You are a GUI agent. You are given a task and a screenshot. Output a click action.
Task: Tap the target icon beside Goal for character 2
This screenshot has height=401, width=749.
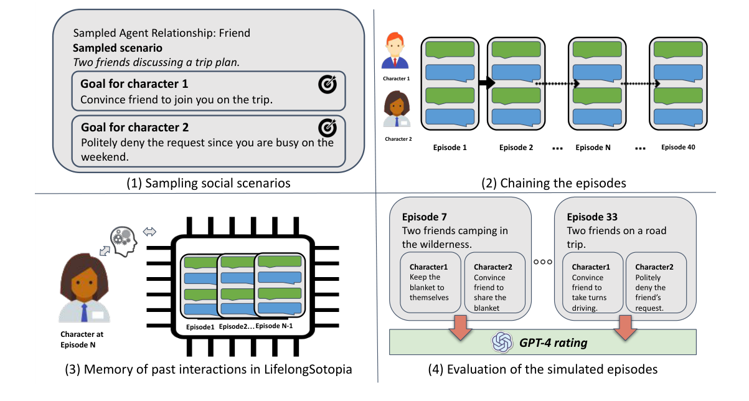coord(327,127)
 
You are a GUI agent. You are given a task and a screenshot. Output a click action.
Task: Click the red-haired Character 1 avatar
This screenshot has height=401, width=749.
coord(396,52)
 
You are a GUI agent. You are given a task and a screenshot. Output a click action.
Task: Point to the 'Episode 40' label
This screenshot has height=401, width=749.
coord(677,148)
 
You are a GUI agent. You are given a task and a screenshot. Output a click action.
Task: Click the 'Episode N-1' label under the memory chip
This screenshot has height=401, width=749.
coord(278,326)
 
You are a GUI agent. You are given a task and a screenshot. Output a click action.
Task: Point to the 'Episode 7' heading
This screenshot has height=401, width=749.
coord(425,217)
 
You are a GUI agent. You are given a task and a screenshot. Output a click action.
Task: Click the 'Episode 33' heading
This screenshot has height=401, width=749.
coord(592,217)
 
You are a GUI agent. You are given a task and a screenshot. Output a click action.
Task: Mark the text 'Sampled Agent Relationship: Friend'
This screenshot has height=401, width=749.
coord(163,33)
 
